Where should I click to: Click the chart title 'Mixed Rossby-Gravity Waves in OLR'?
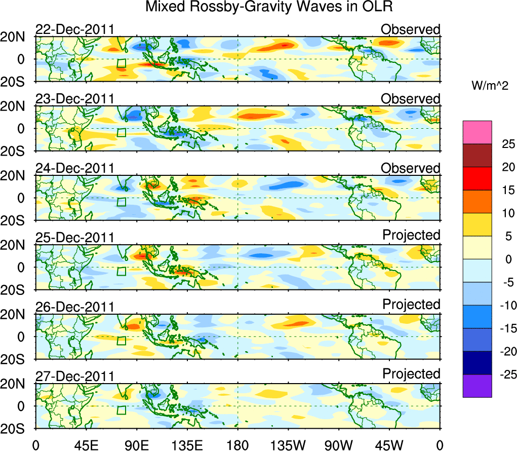click(269, 8)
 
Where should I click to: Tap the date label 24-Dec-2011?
click(74, 168)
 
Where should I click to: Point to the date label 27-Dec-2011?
click(74, 377)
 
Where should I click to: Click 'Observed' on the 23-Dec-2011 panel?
click(410, 99)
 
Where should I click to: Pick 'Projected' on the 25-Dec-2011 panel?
click(411, 235)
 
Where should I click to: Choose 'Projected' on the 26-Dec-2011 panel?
click(411, 305)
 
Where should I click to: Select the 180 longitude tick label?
click(237, 444)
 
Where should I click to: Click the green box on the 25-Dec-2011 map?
click(121, 271)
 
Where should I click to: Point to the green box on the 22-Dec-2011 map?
click(121, 63)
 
